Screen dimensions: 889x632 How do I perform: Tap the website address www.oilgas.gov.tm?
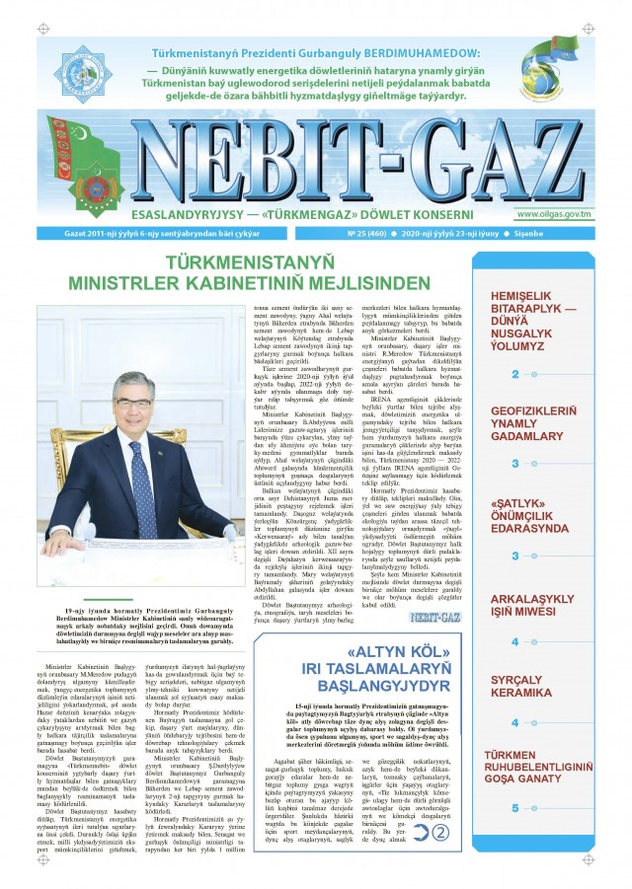(x=554, y=212)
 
